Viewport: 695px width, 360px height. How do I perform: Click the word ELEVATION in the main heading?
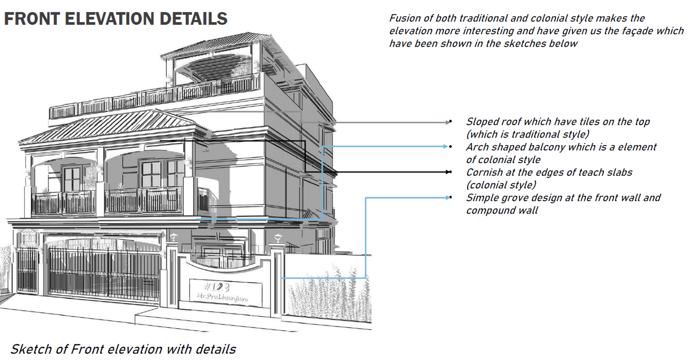(x=110, y=19)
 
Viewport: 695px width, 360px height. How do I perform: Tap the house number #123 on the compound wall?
(x=217, y=287)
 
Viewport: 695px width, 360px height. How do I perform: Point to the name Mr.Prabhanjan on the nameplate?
(x=222, y=297)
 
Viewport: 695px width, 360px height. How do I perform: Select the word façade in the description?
(x=632, y=31)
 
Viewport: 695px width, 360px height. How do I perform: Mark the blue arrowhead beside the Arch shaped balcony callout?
(x=446, y=146)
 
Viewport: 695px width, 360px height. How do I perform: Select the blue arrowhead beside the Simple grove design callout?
(x=448, y=198)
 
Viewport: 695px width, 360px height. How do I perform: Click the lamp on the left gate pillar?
(x=173, y=237)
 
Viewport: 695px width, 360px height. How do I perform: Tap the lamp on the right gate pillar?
(x=278, y=238)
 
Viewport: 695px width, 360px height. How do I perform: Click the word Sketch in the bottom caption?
(x=30, y=350)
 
